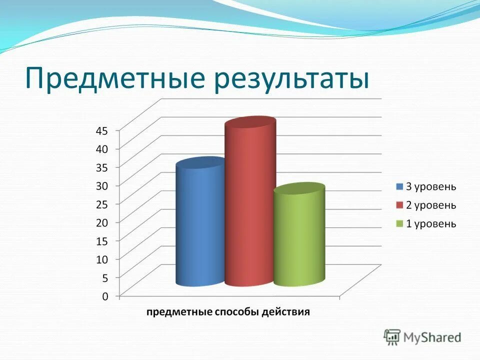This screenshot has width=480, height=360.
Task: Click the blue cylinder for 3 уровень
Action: [200, 225]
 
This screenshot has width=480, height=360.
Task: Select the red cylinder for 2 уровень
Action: [250, 205]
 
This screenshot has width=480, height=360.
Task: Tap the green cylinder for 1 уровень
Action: [299, 237]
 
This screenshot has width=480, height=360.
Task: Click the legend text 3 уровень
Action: [430, 187]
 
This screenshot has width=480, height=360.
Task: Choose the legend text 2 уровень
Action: [430, 205]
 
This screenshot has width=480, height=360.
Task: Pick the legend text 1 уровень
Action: [430, 223]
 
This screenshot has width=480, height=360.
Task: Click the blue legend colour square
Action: [399, 187]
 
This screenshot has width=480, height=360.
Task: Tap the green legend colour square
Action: [399, 223]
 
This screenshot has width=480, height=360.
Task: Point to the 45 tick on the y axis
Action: [101, 130]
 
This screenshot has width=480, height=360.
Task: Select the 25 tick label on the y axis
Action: [101, 204]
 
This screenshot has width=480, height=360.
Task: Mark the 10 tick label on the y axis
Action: [101, 259]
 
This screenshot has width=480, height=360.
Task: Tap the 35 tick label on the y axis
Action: [101, 167]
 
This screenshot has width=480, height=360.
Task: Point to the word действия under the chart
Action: [287, 312]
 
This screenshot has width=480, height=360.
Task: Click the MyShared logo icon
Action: [392, 337]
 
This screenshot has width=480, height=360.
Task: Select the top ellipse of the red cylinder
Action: [250, 123]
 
